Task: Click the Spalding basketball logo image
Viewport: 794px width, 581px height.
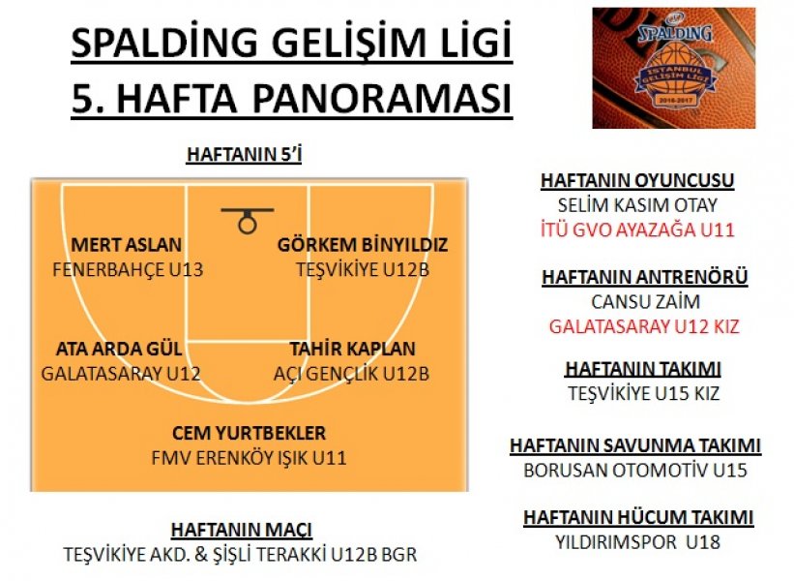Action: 673,68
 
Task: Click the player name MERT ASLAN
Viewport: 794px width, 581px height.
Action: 126,245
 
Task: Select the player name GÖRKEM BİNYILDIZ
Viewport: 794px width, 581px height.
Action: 363,245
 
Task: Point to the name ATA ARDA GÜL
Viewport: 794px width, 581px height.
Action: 119,349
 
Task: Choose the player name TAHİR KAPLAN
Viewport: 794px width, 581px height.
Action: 352,349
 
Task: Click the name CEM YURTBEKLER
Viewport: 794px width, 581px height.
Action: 249,433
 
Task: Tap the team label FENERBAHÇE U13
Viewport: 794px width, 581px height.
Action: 128,270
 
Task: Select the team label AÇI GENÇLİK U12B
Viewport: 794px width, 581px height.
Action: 351,374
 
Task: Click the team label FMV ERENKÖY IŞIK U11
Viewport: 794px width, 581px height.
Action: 249,458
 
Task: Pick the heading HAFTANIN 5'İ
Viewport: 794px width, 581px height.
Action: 244,155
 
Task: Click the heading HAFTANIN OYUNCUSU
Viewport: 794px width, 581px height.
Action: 637,181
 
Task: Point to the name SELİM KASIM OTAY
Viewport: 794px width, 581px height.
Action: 637,205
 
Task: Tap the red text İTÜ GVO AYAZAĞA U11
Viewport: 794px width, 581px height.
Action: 637,230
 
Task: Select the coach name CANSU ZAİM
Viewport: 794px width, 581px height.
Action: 645,302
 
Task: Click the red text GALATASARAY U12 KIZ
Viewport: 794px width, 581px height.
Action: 644,326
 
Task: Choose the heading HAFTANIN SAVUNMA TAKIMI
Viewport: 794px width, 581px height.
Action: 635,445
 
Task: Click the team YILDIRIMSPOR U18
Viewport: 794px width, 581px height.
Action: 637,542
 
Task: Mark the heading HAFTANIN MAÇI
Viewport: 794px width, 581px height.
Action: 242,530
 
